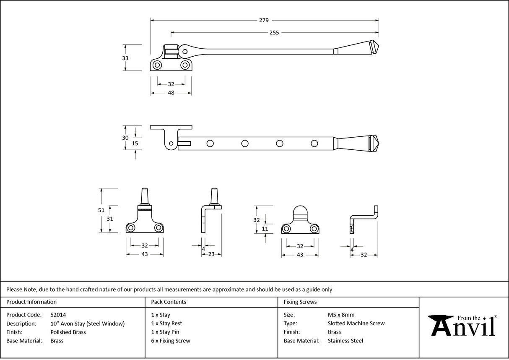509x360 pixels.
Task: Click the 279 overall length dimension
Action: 264,20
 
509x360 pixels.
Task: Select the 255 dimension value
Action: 274,32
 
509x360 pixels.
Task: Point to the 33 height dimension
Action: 125,58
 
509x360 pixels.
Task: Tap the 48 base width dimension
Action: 171,93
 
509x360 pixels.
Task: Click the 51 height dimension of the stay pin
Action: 101,210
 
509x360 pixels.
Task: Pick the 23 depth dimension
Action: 211,254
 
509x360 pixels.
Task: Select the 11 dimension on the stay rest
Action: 265,229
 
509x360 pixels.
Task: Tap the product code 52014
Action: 58,315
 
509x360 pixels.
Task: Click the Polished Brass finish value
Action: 68,332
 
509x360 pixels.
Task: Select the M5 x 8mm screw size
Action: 341,315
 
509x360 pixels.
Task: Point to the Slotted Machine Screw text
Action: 356,323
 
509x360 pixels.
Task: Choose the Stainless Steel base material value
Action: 345,341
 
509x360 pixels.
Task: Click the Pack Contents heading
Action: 169,302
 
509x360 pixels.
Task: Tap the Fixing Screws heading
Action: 300,302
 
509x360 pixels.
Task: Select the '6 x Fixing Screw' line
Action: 171,341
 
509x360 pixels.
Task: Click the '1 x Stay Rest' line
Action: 166,323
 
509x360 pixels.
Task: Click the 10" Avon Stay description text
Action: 87,323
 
